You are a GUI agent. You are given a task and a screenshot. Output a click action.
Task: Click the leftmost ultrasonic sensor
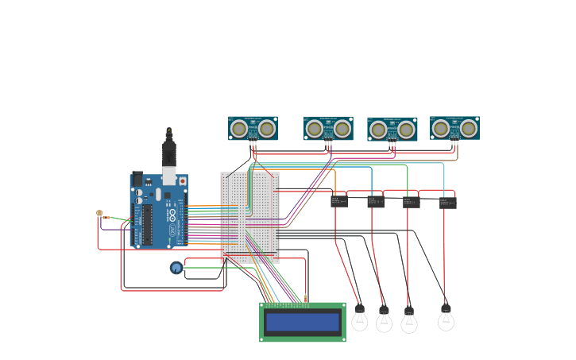coord(253,128)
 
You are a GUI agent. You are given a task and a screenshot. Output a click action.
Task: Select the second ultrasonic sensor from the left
coord(328,128)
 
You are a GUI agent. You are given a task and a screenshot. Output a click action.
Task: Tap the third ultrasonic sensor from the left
coord(392,130)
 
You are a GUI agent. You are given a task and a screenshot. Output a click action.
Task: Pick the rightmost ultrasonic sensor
coord(454,128)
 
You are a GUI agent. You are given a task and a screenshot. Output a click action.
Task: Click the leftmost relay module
coord(339,202)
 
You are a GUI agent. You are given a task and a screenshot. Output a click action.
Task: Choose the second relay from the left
coord(376,202)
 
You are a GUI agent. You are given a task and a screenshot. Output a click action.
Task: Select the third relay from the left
coord(411,203)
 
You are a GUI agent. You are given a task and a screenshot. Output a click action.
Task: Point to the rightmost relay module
coord(448,203)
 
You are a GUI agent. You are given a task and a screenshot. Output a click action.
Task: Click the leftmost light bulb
coord(360,319)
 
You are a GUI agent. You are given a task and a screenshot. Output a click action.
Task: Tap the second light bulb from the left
coord(384,319)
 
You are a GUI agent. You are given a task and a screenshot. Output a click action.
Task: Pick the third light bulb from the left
coord(409,321)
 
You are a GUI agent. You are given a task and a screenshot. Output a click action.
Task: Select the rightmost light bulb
coord(446,319)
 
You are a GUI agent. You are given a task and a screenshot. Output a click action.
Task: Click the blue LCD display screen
coord(303,322)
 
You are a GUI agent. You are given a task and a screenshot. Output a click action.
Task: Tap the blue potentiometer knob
coord(176,268)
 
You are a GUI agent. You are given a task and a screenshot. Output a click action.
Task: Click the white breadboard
coord(250,217)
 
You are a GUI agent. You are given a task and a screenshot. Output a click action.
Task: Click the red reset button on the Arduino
coord(183,181)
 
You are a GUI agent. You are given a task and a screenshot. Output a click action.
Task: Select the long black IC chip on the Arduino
coord(146,226)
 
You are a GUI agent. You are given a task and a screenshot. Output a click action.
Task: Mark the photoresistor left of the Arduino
coord(99,213)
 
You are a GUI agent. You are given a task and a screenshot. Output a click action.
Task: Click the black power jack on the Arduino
coord(137,180)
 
